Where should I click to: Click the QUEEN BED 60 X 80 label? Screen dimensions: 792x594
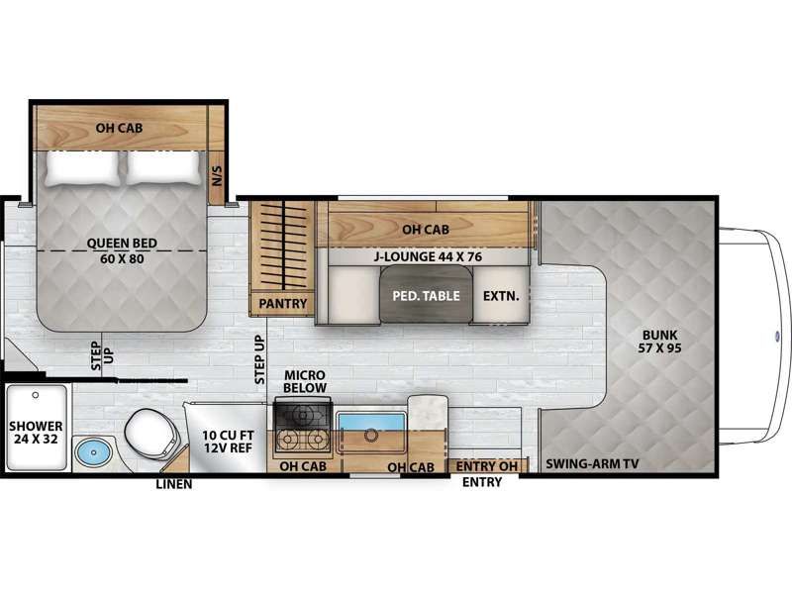122,251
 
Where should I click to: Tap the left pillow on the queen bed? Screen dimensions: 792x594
83,167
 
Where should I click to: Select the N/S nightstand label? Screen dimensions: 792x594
217,176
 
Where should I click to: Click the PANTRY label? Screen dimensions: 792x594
283,304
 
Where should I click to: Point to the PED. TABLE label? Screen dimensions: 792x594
427,295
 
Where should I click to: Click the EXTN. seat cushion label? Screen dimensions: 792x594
501,295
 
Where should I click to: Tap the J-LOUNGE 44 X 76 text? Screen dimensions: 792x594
428,256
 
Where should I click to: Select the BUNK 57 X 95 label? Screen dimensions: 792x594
659,341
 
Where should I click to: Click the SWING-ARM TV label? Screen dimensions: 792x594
592,463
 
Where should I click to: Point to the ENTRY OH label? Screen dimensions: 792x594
487,466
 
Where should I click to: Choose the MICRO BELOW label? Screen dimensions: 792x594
305,381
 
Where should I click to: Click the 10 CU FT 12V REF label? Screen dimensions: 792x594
228,442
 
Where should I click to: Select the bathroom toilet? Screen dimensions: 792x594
152,434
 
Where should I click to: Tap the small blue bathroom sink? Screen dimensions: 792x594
94,453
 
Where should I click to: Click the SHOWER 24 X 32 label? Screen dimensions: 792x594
36,433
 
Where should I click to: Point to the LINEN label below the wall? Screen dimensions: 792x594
174,484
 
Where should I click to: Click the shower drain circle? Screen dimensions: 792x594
36,395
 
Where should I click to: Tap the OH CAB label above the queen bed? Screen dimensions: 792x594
119,128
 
